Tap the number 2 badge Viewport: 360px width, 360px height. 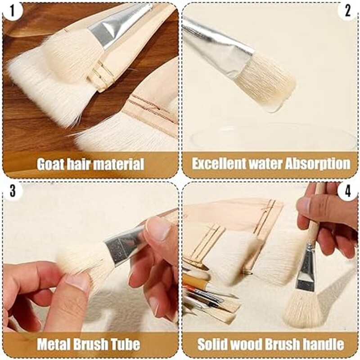click(x=348, y=10)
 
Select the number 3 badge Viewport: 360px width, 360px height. click(x=12, y=191)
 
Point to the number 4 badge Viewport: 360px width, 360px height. click(x=347, y=191)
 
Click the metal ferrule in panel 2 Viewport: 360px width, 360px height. click(x=220, y=47)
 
